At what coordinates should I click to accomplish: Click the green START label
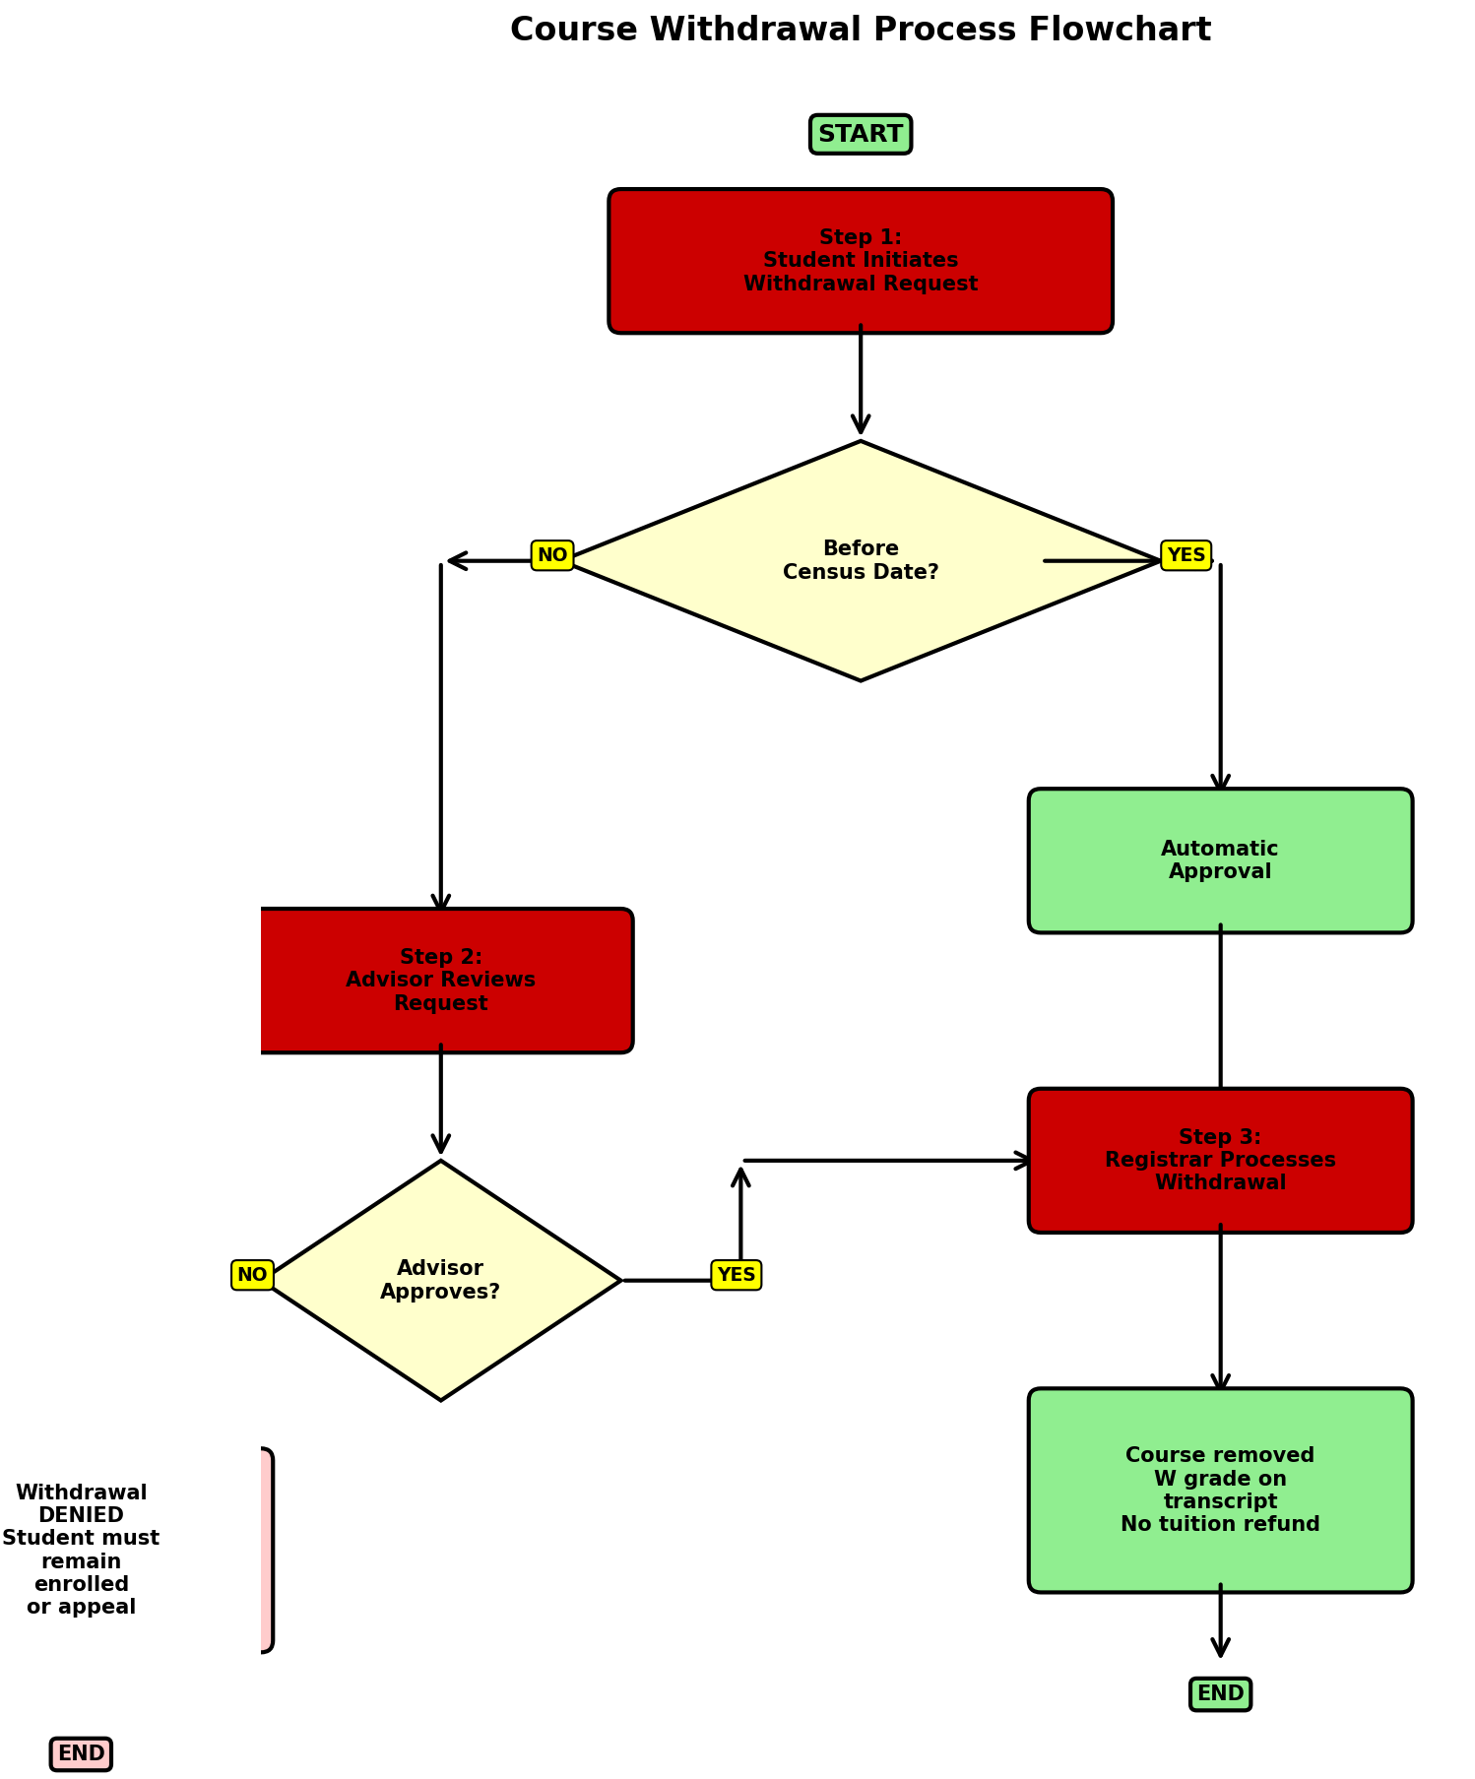(860, 134)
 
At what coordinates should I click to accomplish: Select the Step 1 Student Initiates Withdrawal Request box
(860, 261)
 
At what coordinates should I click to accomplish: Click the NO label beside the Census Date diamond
(551, 555)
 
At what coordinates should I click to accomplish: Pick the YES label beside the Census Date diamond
(1186, 555)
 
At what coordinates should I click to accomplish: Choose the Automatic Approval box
(1219, 860)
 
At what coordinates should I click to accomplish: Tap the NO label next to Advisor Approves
(252, 1275)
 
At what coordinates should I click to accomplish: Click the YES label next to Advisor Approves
(736, 1275)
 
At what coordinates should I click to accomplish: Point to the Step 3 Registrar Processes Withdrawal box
(1219, 1160)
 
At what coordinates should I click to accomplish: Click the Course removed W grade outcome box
(1219, 1490)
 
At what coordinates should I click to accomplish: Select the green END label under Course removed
(1219, 1693)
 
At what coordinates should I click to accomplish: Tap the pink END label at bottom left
(81, 1753)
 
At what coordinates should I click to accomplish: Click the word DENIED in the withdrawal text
(81, 1515)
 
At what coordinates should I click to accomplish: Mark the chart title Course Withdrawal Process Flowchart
(860, 30)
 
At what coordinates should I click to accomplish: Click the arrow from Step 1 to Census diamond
(860, 379)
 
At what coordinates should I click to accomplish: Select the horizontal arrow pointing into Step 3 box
(886, 1161)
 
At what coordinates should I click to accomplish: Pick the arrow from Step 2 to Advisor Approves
(440, 1098)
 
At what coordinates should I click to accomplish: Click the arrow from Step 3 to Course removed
(1220, 1309)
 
